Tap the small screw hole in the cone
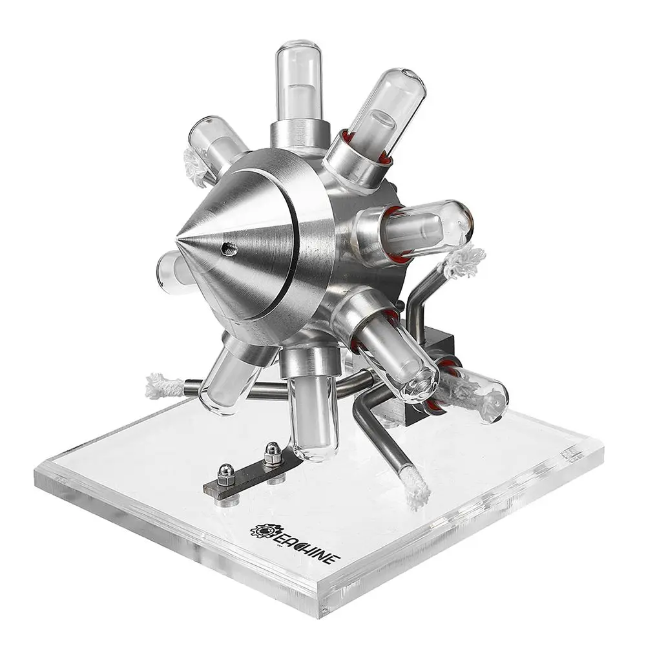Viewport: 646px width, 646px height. pyautogui.click(x=229, y=249)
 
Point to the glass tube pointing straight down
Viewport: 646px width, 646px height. pyautogui.click(x=314, y=416)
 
